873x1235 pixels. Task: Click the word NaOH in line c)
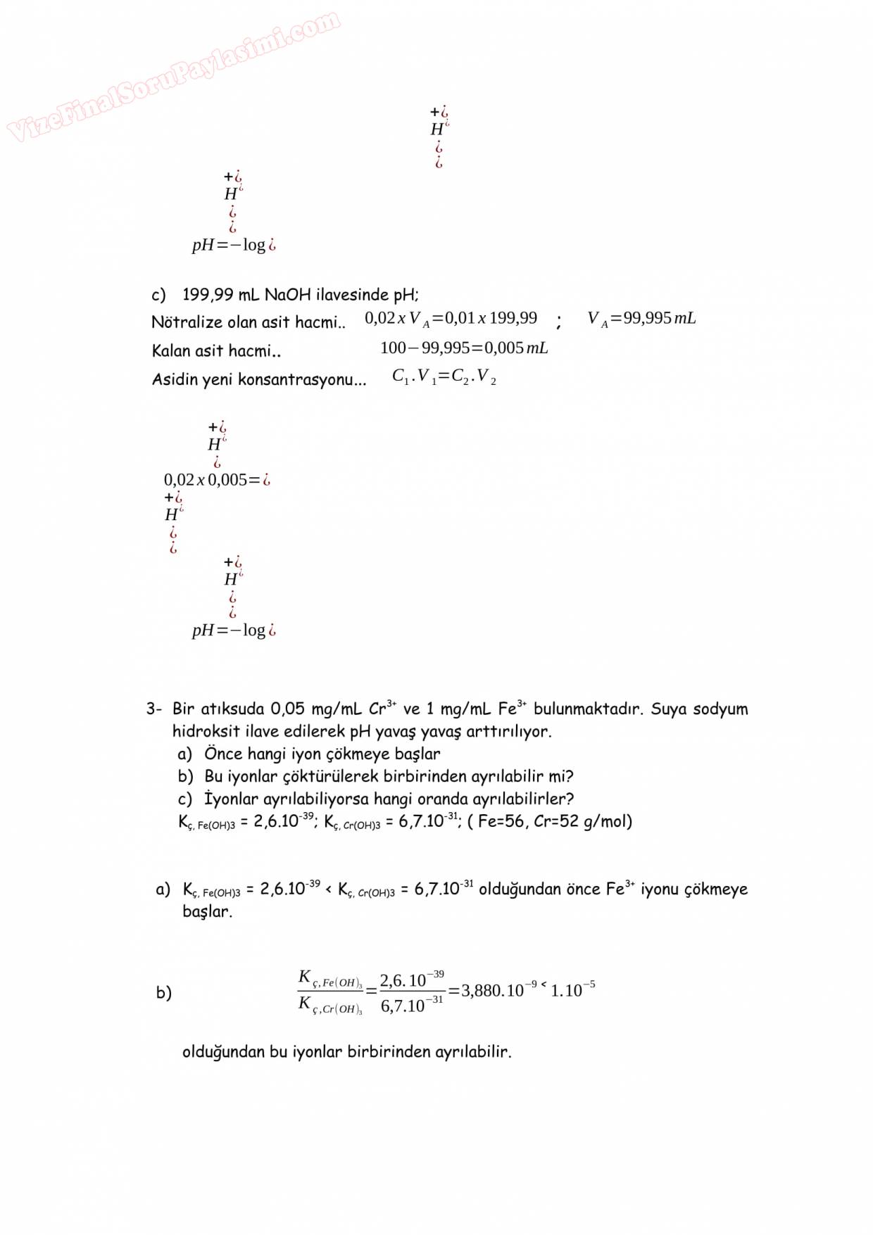coord(287,295)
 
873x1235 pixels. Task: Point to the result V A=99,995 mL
coord(641,319)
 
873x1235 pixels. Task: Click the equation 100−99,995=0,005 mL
coord(464,348)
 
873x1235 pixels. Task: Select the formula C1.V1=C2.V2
coord(444,377)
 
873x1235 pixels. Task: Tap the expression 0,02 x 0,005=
coord(216,480)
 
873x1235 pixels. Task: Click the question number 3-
coord(154,709)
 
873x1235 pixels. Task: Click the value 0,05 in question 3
coord(288,709)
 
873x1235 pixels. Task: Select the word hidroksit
coord(206,731)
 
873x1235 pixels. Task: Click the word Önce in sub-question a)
coord(223,754)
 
